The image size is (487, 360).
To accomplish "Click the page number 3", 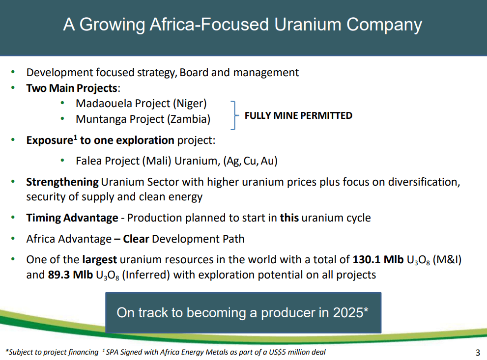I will click(478, 352).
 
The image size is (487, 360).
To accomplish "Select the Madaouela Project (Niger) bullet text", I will click(141, 104).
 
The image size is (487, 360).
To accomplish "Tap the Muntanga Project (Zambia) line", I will click(143, 119).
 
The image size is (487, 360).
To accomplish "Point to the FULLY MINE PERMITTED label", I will click(298, 116).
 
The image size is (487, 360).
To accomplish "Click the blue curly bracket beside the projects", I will click(234, 115).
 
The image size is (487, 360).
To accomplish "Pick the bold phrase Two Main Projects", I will click(72, 88).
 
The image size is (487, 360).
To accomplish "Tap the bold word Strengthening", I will click(62, 182).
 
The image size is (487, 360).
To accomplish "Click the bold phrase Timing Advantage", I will click(72, 218).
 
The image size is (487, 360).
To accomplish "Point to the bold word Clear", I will click(136, 239).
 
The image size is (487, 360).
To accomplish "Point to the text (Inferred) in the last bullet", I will click(146, 275).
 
